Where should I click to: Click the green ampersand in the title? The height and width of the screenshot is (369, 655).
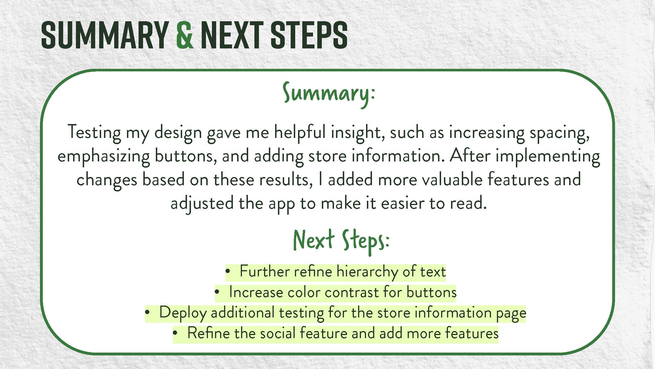185,35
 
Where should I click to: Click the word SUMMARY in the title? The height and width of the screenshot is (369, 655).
105,35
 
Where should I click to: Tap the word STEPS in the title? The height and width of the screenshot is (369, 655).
309,35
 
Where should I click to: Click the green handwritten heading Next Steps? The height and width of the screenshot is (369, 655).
341,241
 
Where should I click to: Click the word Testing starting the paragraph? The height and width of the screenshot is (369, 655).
94,132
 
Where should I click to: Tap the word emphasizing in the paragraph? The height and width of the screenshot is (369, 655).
103,156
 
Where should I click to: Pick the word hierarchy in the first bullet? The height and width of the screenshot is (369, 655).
367,272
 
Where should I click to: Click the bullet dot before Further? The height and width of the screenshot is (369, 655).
227,271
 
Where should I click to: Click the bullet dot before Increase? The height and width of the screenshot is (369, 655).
217,292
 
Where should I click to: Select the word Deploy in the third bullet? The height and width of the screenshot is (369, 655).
183,313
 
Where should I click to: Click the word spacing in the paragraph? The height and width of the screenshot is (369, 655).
560,133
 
